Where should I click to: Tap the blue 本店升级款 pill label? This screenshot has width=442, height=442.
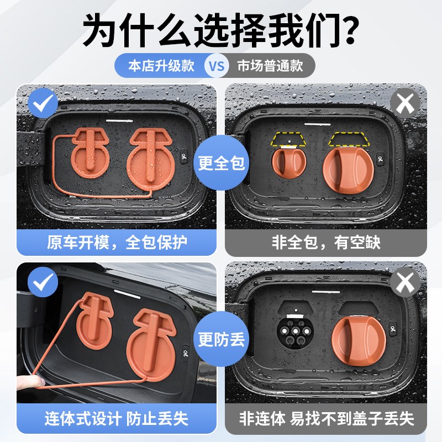pyautogui.click(x=161, y=66)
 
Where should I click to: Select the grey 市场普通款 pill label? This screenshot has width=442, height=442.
pyautogui.click(x=270, y=66)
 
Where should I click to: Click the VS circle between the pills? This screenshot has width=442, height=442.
pyautogui.click(x=216, y=66)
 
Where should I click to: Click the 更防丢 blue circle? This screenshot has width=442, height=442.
pyautogui.click(x=221, y=338)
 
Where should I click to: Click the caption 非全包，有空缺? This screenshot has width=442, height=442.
pyautogui.click(x=326, y=242)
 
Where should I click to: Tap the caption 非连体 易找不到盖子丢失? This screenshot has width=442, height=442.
pyautogui.click(x=326, y=418)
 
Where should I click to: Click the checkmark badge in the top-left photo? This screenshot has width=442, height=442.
pyautogui.click(x=43, y=103)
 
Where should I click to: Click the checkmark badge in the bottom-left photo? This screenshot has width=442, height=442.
pyautogui.click(x=43, y=282)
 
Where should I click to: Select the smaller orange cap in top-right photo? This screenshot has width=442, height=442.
pyautogui.click(x=288, y=162)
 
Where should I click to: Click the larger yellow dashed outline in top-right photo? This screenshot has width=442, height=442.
pyautogui.click(x=349, y=139)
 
